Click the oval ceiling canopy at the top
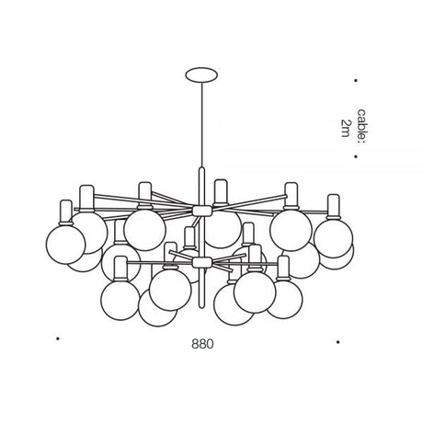201,75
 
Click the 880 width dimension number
202,344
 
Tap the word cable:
361,126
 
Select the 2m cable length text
346,128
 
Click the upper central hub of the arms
202,211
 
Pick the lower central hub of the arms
202,262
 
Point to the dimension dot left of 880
57,338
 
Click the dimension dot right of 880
337,342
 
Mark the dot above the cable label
356,81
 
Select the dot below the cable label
356,156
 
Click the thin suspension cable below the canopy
201,125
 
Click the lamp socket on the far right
334,206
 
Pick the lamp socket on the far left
66,212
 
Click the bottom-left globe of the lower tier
120,301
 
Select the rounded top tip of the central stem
201,167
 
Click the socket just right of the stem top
221,192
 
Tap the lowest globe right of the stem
234,306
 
